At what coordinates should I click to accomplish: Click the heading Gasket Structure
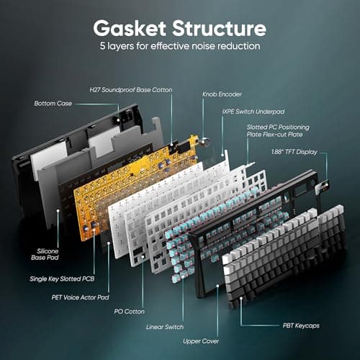coord(179,30)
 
